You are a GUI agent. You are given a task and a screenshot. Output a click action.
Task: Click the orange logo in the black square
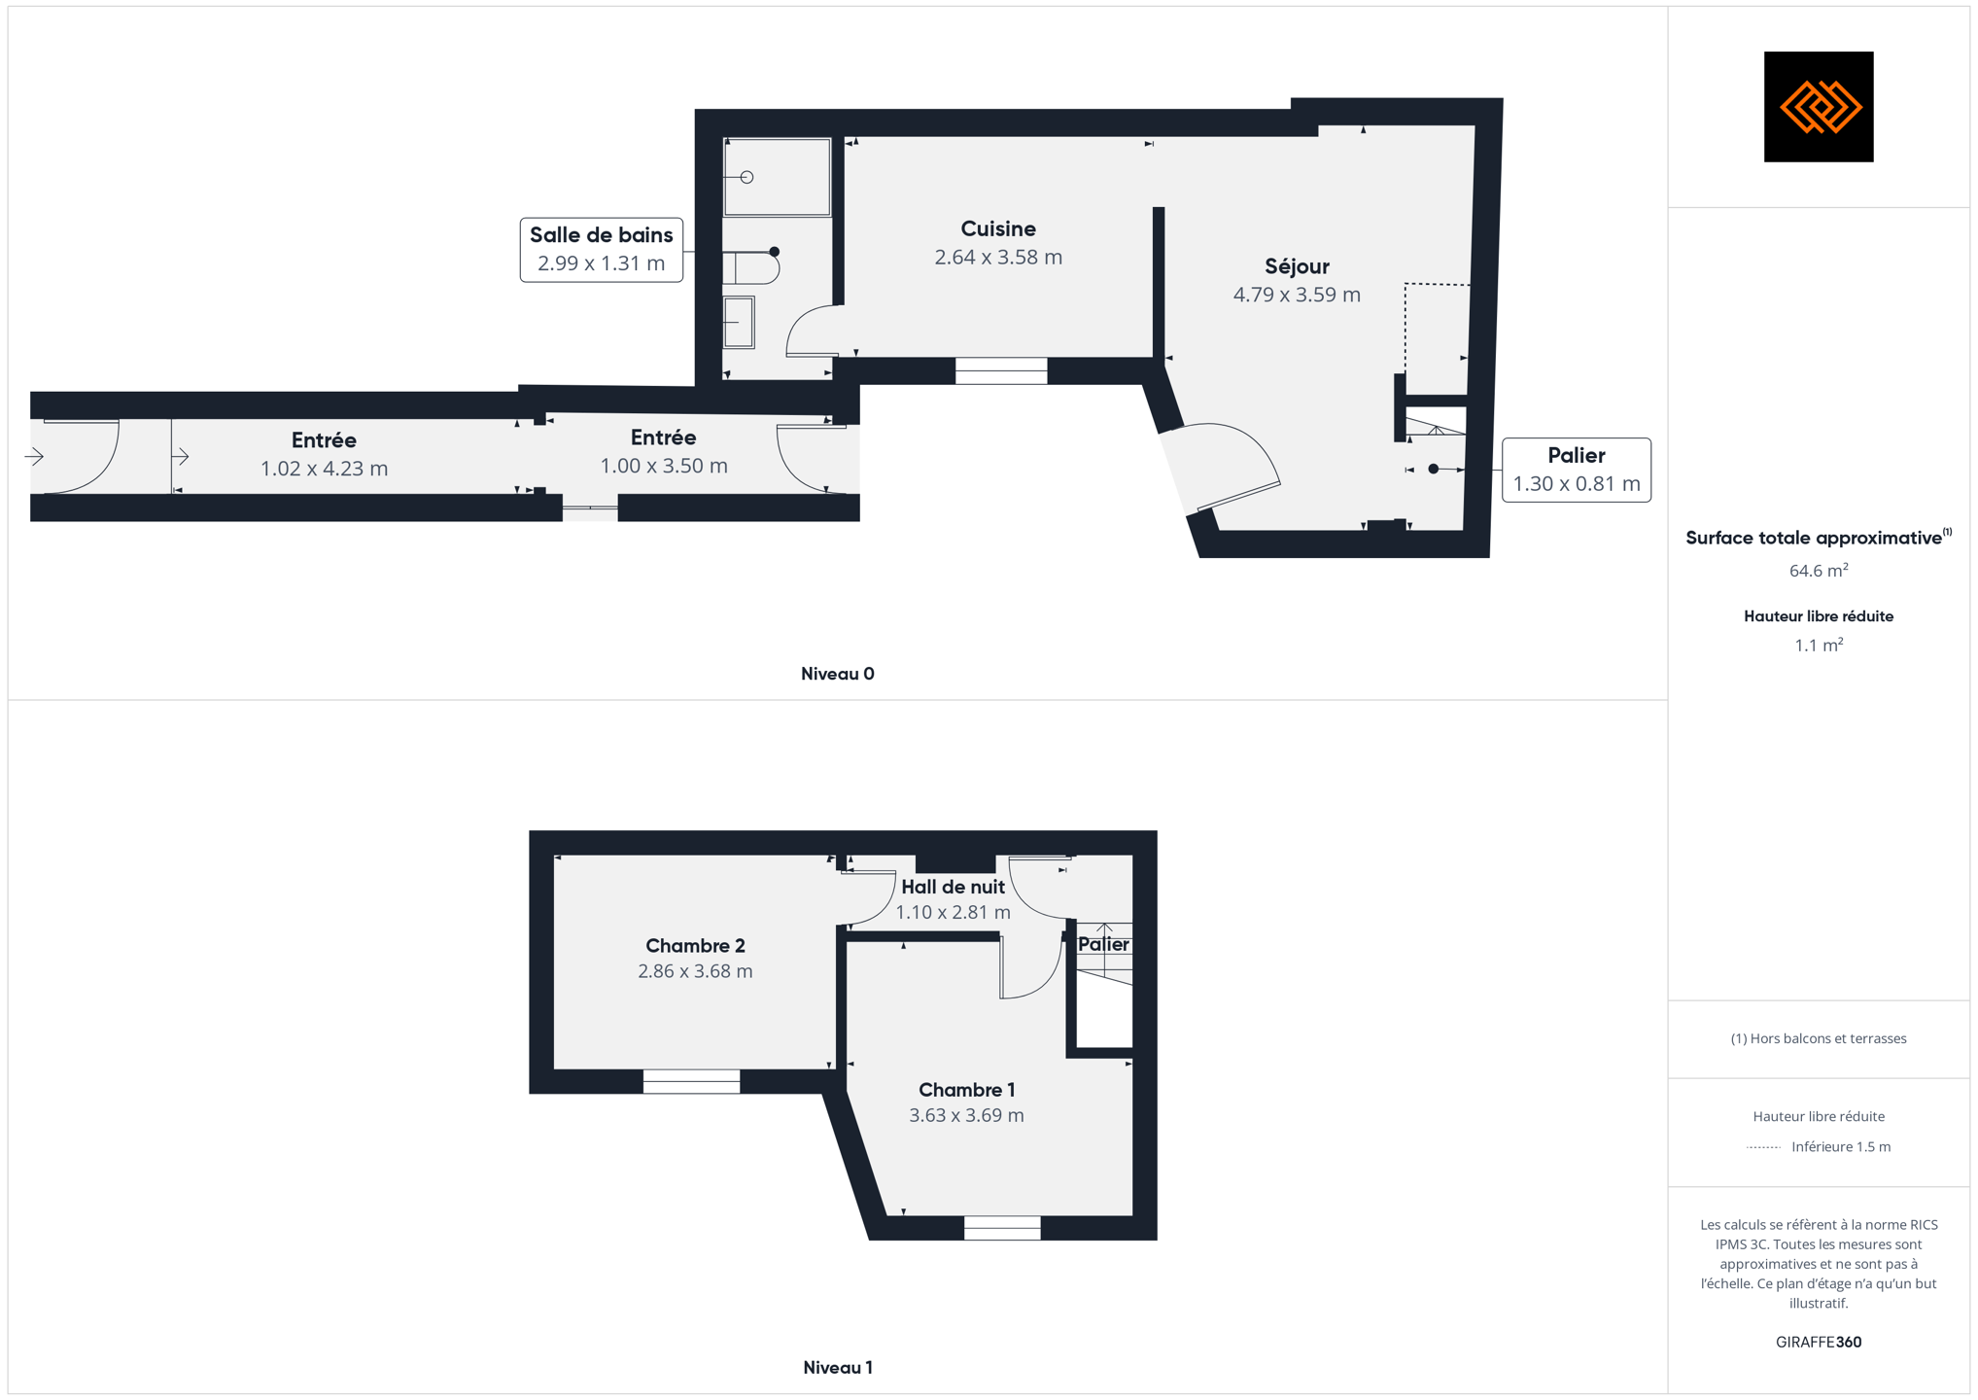click(x=1820, y=107)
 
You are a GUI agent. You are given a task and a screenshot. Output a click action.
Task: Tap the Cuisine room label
click(x=998, y=229)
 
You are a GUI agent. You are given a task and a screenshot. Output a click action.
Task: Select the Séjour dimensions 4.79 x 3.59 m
click(x=1297, y=295)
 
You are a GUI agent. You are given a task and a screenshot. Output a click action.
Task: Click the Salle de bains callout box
click(x=602, y=250)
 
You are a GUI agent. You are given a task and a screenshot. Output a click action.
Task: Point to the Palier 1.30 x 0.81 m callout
click(x=1577, y=470)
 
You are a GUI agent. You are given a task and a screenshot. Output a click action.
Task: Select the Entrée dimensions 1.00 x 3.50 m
click(x=664, y=466)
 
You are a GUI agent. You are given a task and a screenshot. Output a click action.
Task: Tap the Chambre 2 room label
click(x=695, y=946)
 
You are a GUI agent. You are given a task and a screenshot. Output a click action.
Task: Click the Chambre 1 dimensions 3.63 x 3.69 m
click(x=966, y=1115)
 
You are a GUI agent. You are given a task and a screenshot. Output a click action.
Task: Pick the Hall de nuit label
click(x=953, y=887)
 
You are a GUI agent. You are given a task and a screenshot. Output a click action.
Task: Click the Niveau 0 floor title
click(x=838, y=674)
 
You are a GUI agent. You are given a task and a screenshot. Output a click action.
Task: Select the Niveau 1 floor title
click(x=838, y=1368)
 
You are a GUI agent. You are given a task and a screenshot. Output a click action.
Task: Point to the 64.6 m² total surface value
click(x=1819, y=571)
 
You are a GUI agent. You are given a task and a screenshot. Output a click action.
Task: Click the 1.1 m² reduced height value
click(x=1819, y=646)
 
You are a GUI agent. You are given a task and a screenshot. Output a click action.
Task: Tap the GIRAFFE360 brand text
click(x=1819, y=1342)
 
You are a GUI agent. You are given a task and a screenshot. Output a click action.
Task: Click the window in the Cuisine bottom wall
click(x=1001, y=370)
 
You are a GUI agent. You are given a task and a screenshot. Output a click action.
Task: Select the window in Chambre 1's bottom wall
click(x=1002, y=1228)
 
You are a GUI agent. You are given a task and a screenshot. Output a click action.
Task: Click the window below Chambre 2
click(x=691, y=1081)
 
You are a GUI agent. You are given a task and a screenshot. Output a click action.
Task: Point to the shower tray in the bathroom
click(x=778, y=177)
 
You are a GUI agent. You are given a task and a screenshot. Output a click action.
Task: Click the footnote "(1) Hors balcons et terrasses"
click(x=1819, y=1038)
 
